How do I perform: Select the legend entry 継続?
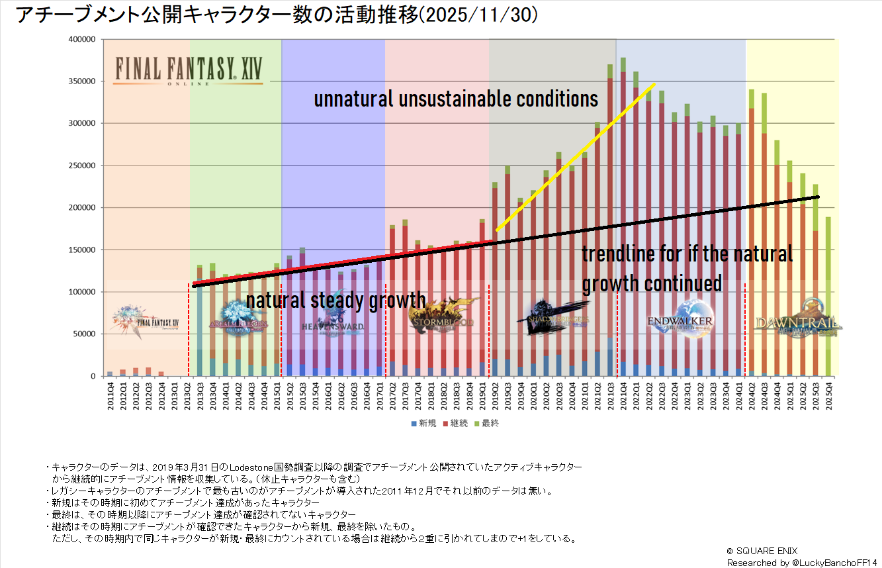pyautogui.click(x=457, y=423)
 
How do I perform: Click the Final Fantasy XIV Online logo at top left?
pyautogui.click(x=187, y=70)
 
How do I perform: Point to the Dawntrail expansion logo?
pyautogui.click(x=797, y=321)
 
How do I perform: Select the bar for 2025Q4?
pyautogui.click(x=828, y=298)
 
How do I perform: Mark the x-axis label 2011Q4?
pyautogui.click(x=110, y=396)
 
